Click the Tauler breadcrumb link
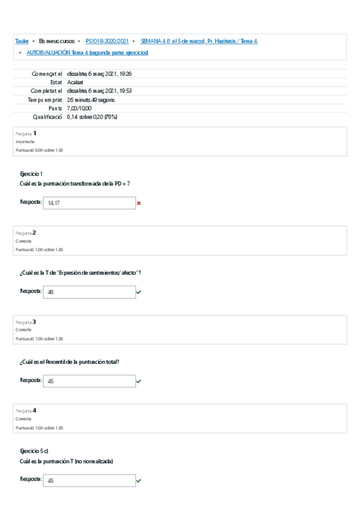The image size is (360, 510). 22,41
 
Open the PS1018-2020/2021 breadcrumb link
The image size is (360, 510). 107,41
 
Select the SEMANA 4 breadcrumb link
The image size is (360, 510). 199,41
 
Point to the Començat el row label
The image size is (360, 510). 47,73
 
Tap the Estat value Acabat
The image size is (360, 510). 75,82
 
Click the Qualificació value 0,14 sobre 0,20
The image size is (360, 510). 92,117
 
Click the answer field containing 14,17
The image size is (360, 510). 90,203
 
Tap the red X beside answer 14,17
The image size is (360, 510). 139,203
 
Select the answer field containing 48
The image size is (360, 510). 90,292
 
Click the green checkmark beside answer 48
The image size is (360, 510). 139,292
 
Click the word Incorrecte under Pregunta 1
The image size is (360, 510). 25,142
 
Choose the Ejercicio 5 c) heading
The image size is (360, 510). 34,450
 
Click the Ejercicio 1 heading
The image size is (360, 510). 31,173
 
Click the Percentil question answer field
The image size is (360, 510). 90,381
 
